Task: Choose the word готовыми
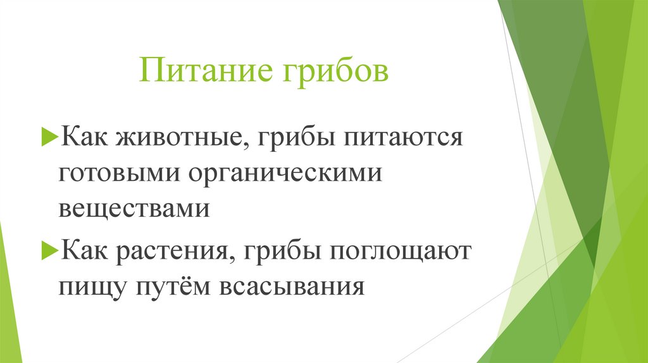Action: coord(116,173)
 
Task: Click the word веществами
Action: coord(134,208)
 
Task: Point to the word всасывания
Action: coord(292,288)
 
